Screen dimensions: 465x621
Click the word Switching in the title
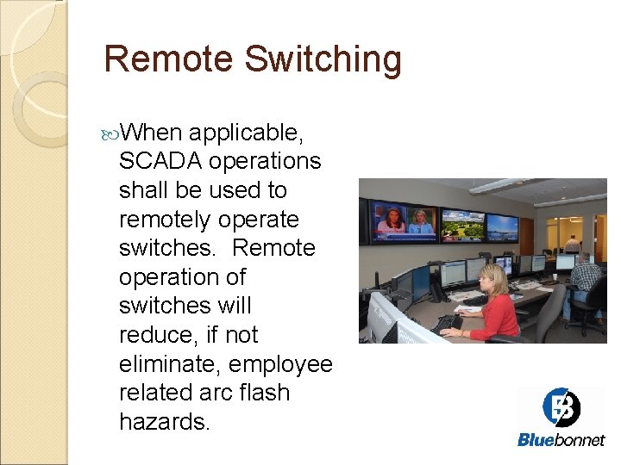point(323,60)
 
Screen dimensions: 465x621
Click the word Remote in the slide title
point(168,59)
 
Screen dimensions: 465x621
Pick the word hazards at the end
point(164,421)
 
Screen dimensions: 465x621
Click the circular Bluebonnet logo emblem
point(561,407)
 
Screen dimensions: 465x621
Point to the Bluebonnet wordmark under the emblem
point(561,440)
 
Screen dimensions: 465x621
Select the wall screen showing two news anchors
point(404,221)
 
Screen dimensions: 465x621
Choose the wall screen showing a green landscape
point(462,225)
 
